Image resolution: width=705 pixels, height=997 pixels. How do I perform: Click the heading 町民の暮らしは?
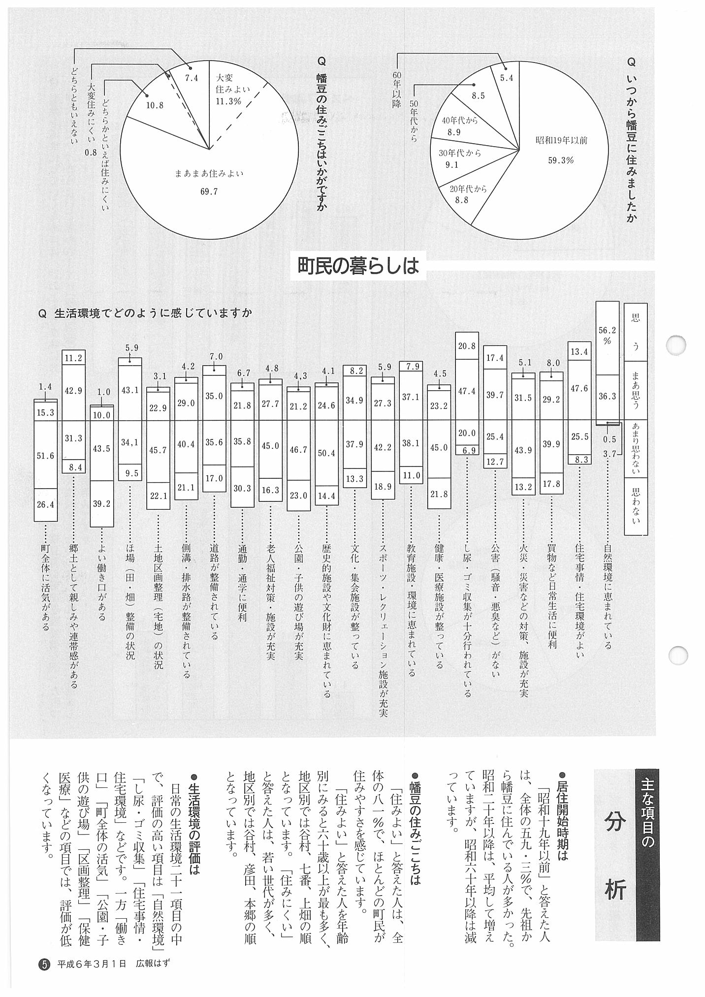358,266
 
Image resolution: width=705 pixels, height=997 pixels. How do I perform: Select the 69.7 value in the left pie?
209,192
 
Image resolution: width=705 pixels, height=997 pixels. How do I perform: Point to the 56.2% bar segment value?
607,335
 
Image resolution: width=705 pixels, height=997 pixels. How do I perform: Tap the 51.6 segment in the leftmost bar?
45,456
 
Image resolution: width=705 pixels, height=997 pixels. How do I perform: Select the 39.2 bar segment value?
101,503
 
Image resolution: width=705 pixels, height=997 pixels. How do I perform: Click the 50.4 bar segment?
326,453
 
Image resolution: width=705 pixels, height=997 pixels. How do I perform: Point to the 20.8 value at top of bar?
467,346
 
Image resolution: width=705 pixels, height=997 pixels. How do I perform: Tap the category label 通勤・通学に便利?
242,583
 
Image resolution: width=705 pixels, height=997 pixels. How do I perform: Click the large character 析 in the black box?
615,890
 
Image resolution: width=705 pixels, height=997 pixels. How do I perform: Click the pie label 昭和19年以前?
561,140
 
